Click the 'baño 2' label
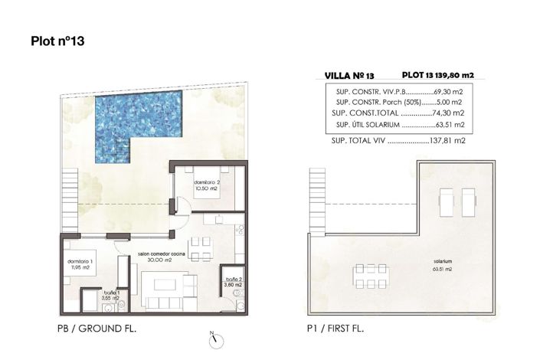click(x=234, y=282)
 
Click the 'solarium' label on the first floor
click(x=441, y=263)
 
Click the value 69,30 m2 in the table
click(x=447, y=90)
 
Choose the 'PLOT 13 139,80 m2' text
click(x=438, y=75)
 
